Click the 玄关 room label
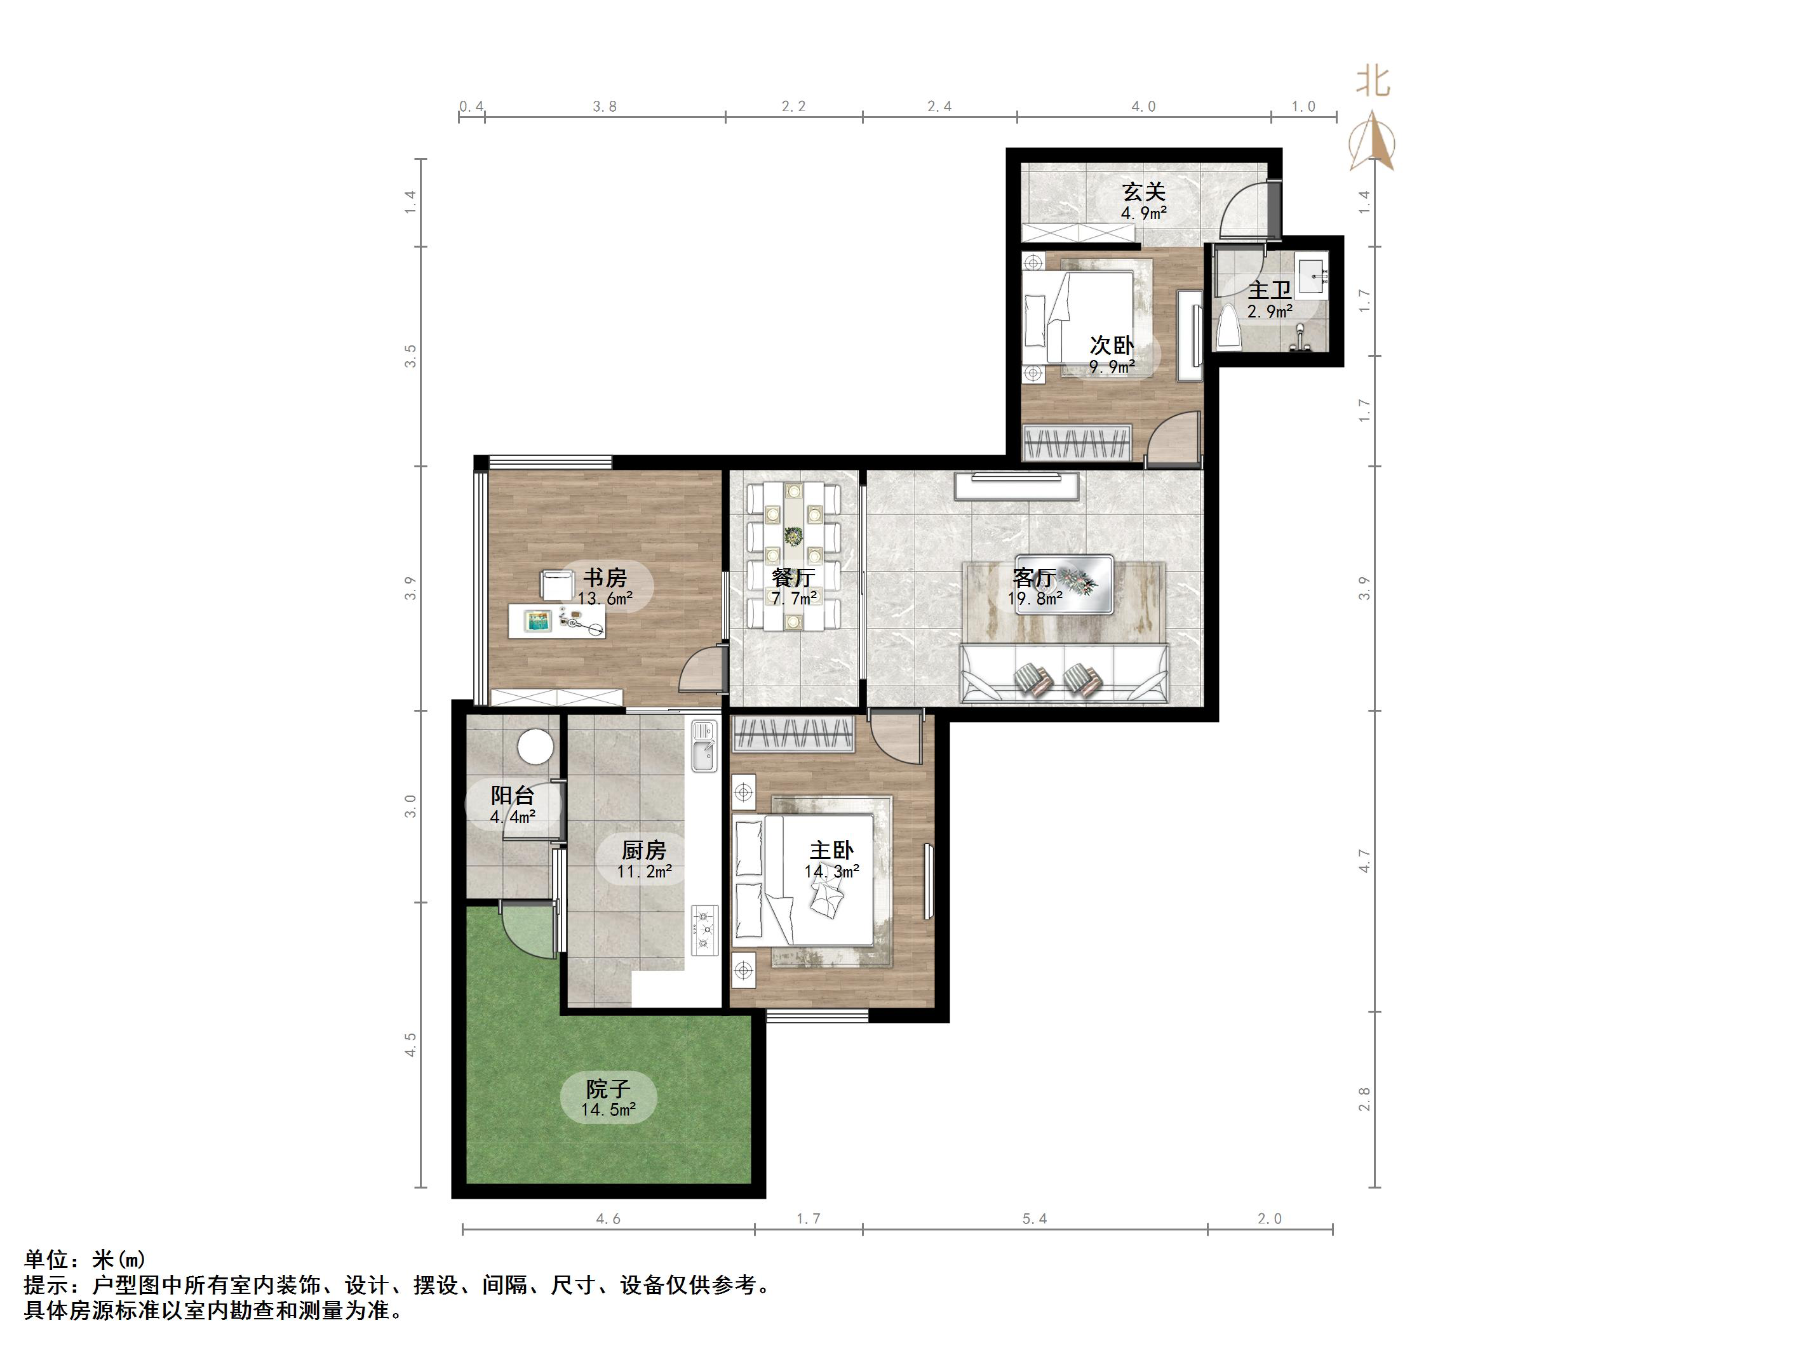1143,192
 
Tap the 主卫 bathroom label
1269,290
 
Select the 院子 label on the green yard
608,1089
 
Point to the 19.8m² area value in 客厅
1035,599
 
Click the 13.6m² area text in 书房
605,599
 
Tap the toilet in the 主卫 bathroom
1227,326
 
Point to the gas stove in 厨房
704,930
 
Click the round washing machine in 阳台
535,745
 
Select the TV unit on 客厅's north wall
1017,485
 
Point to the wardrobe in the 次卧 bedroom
1077,443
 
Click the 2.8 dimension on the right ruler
1364,1100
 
